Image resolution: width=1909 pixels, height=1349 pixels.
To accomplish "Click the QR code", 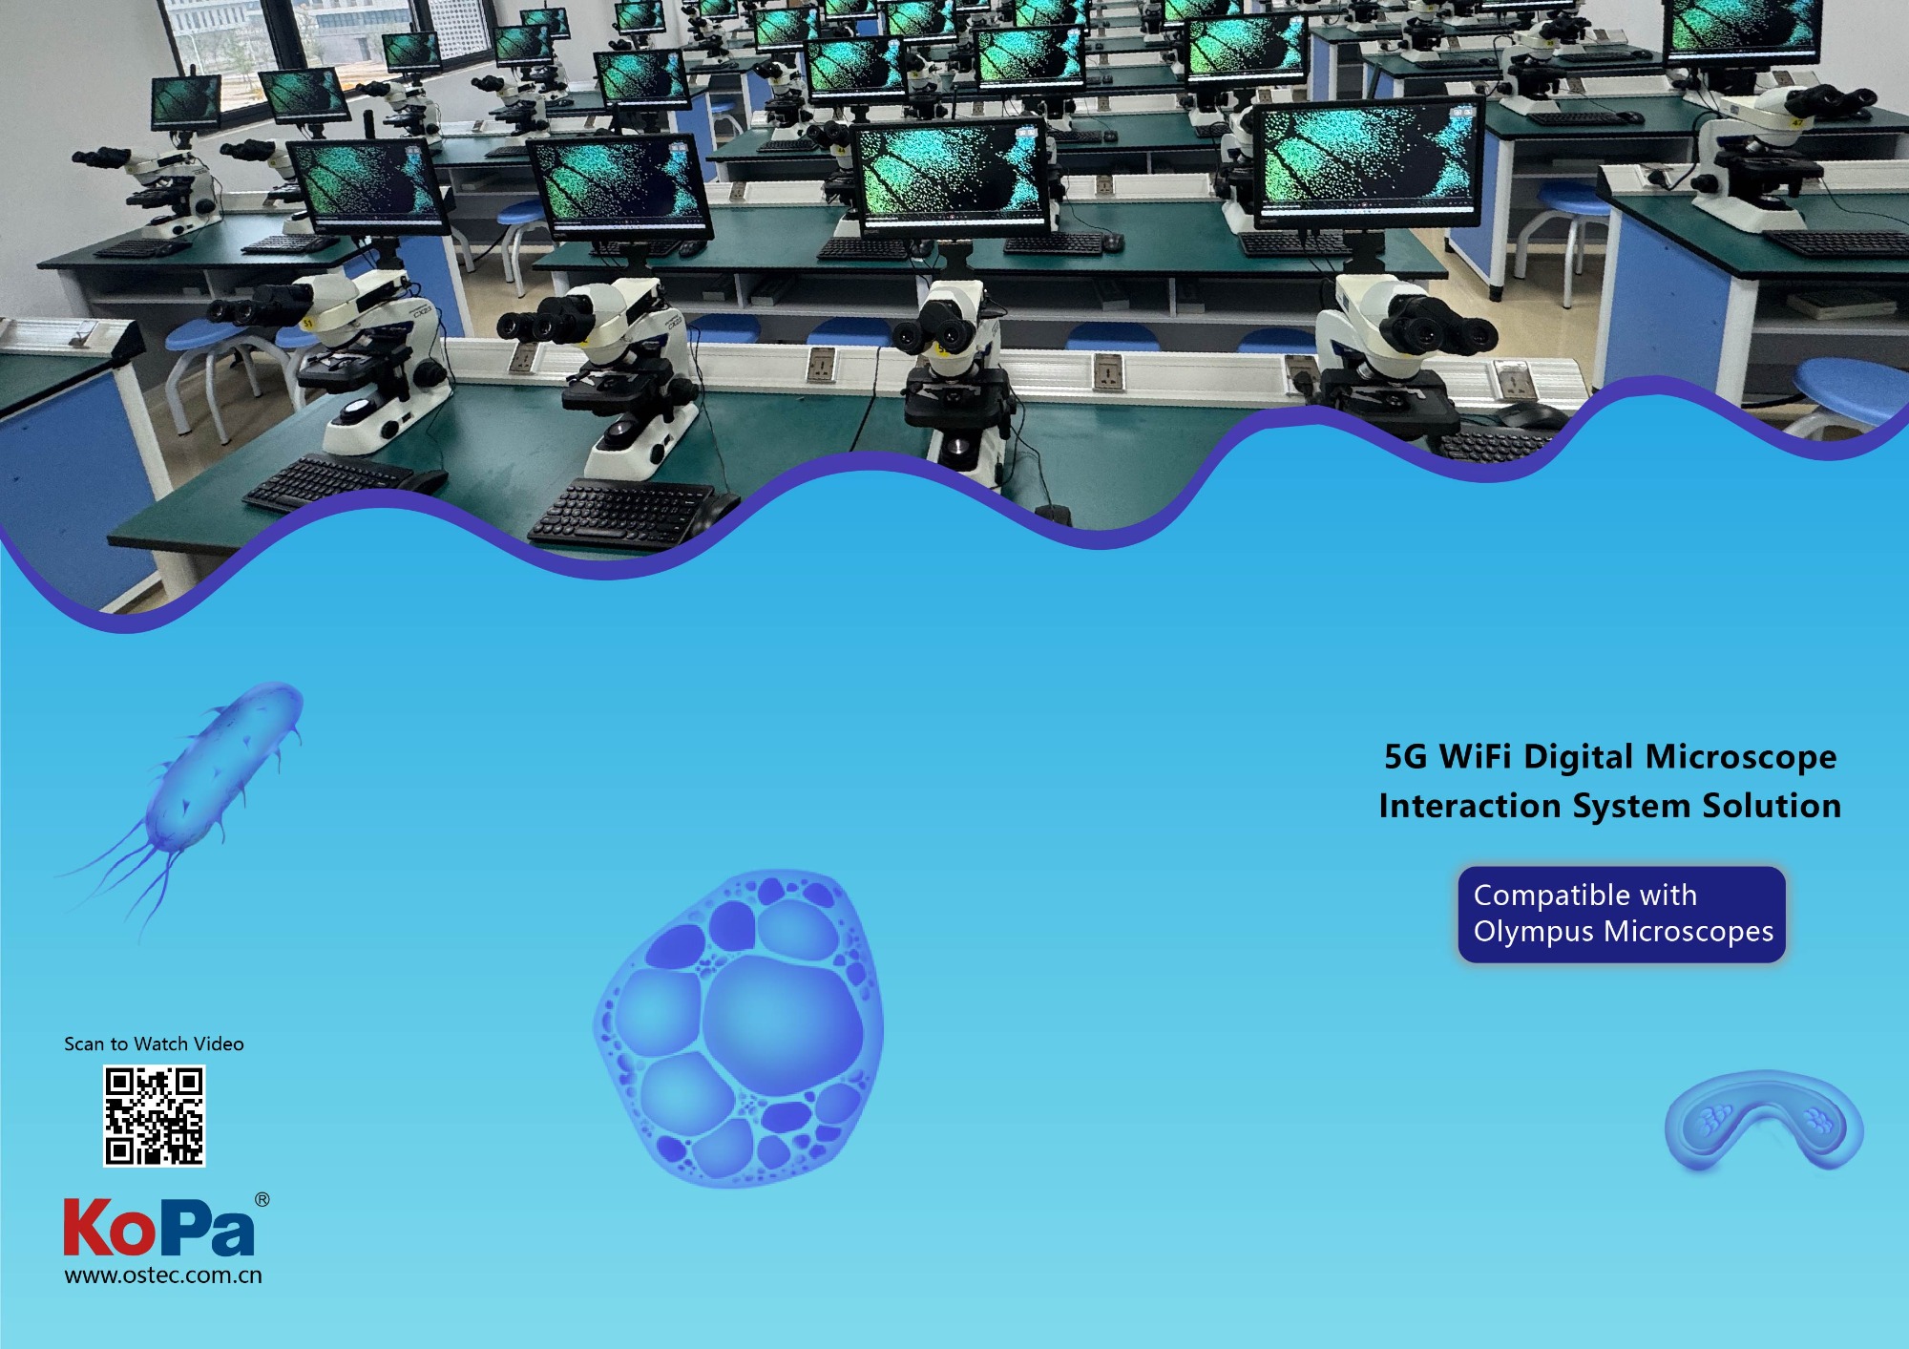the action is pos(154,1116).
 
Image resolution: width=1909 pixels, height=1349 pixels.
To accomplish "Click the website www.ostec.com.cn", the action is pos(163,1275).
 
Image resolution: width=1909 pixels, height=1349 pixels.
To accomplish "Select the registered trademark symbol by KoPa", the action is pos(262,1199).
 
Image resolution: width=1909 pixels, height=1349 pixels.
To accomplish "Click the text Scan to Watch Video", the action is pos(154,1043).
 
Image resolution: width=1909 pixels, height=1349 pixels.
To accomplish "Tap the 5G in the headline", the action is pos(1405,756).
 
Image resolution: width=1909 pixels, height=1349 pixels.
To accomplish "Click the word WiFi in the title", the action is pos(1476,756).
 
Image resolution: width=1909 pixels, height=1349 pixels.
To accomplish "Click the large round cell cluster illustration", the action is pos(739,1028).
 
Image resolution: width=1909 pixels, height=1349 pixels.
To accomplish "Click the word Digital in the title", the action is pos(1579,758).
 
